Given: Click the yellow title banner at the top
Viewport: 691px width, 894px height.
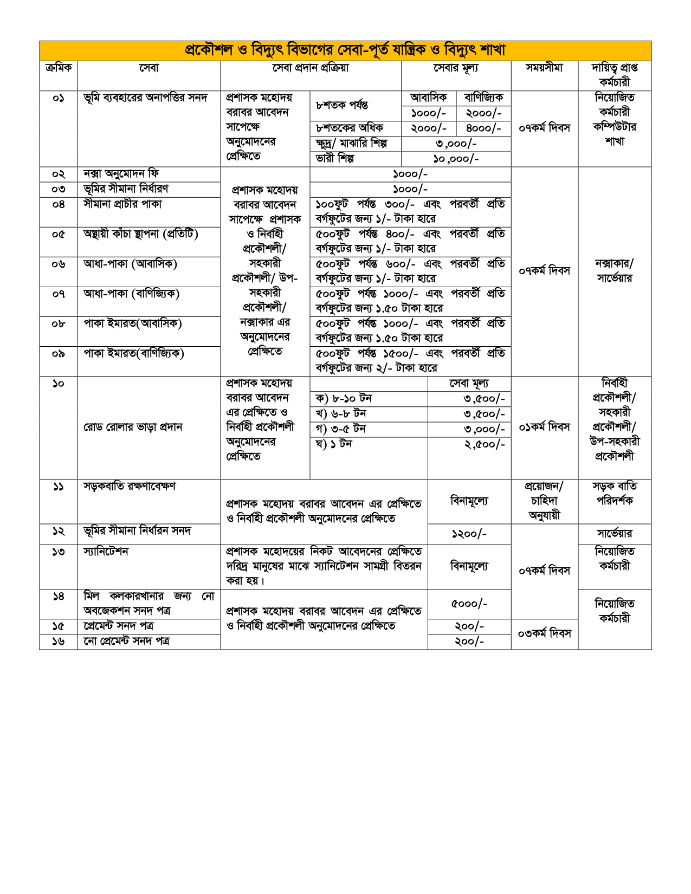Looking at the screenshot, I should tap(345, 50).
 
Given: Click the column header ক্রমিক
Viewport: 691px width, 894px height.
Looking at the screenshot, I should tap(59, 68).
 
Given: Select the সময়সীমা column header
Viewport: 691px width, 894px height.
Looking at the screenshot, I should tap(544, 68).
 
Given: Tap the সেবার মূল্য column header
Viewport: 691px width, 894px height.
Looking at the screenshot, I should tap(456, 68).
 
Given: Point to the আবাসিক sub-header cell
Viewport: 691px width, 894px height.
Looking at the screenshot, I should tap(429, 98).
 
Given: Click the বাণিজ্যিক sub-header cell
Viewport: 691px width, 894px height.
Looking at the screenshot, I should tap(483, 98).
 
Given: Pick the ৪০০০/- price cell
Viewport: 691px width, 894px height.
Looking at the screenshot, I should tap(483, 128).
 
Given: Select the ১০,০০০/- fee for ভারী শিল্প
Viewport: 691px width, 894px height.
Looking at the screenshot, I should tap(456, 159).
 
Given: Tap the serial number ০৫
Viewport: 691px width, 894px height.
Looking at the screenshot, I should tap(59, 235).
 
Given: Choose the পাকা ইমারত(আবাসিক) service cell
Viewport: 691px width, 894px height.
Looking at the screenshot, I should tap(132, 324).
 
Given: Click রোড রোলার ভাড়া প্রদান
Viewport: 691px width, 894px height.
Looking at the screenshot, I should tap(133, 427).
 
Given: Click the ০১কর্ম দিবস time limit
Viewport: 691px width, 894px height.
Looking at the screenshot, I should tap(544, 427).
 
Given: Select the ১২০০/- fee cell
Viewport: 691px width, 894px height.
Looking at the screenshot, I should tap(469, 534).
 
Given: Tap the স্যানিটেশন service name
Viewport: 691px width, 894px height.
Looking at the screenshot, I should tap(106, 552).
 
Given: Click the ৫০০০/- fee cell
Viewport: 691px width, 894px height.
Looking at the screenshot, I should tap(469, 604).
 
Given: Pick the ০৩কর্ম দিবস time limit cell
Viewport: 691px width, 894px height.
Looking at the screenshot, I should tap(544, 633).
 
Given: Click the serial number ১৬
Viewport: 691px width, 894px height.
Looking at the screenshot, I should tap(59, 642).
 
